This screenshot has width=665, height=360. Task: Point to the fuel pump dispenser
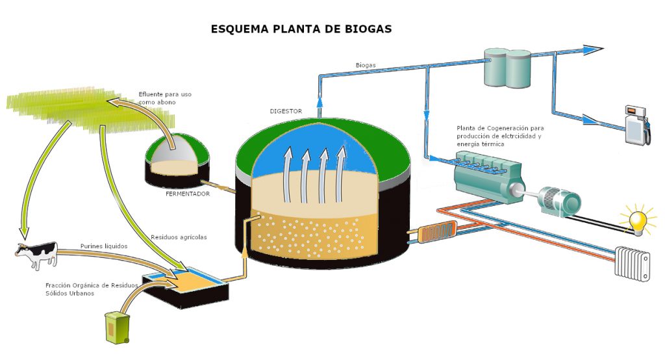coord(636,125)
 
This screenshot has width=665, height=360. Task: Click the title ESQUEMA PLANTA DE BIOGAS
coord(301,29)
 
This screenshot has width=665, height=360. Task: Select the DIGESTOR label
coord(286,111)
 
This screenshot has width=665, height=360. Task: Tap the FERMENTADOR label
coord(188,194)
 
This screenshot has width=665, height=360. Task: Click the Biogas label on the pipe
coord(366,65)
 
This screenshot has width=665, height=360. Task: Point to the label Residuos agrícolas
coord(179,237)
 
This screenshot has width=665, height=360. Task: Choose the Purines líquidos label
coord(104,246)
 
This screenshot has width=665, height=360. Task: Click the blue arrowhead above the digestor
coord(320,102)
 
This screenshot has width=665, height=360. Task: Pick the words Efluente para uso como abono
coord(165,98)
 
